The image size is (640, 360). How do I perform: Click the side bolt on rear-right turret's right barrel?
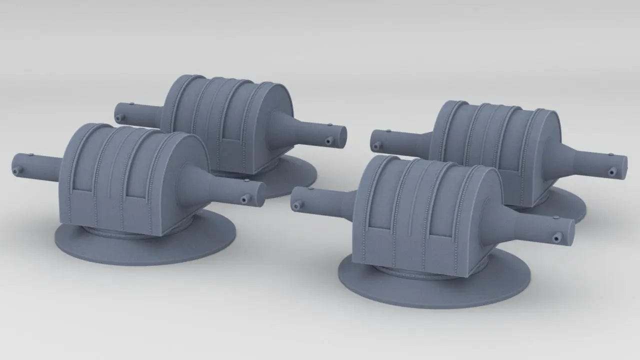pos(610,172)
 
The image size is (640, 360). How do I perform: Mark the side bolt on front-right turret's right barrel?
pos(554,239)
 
